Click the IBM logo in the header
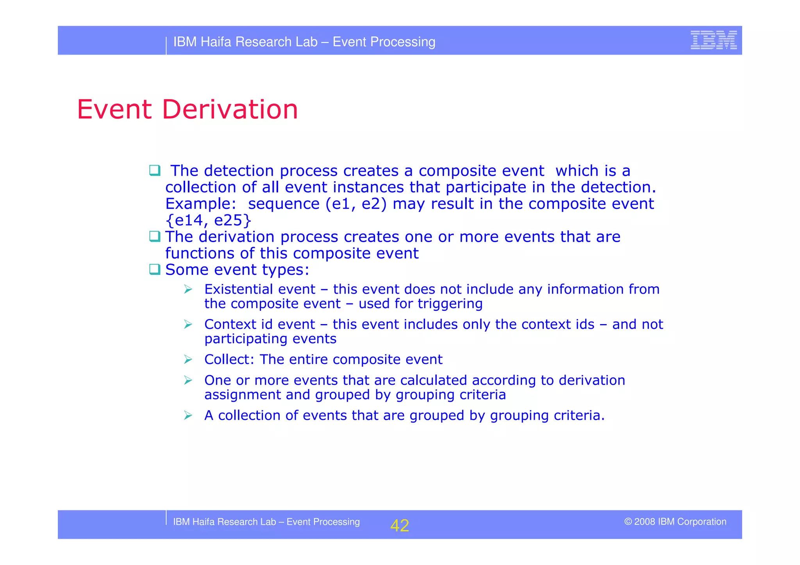click(713, 40)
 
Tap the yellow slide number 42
click(399, 526)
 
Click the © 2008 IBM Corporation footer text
click(675, 522)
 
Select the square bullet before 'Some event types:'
click(155, 269)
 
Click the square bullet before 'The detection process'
click(155, 171)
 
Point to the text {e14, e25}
click(208, 221)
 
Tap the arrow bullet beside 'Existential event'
click(188, 289)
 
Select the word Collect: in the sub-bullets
click(229, 360)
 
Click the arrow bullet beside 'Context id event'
click(188, 324)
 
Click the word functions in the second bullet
click(200, 253)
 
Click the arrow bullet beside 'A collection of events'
click(188, 415)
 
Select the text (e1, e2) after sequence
click(355, 204)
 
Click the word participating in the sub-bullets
click(245, 339)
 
